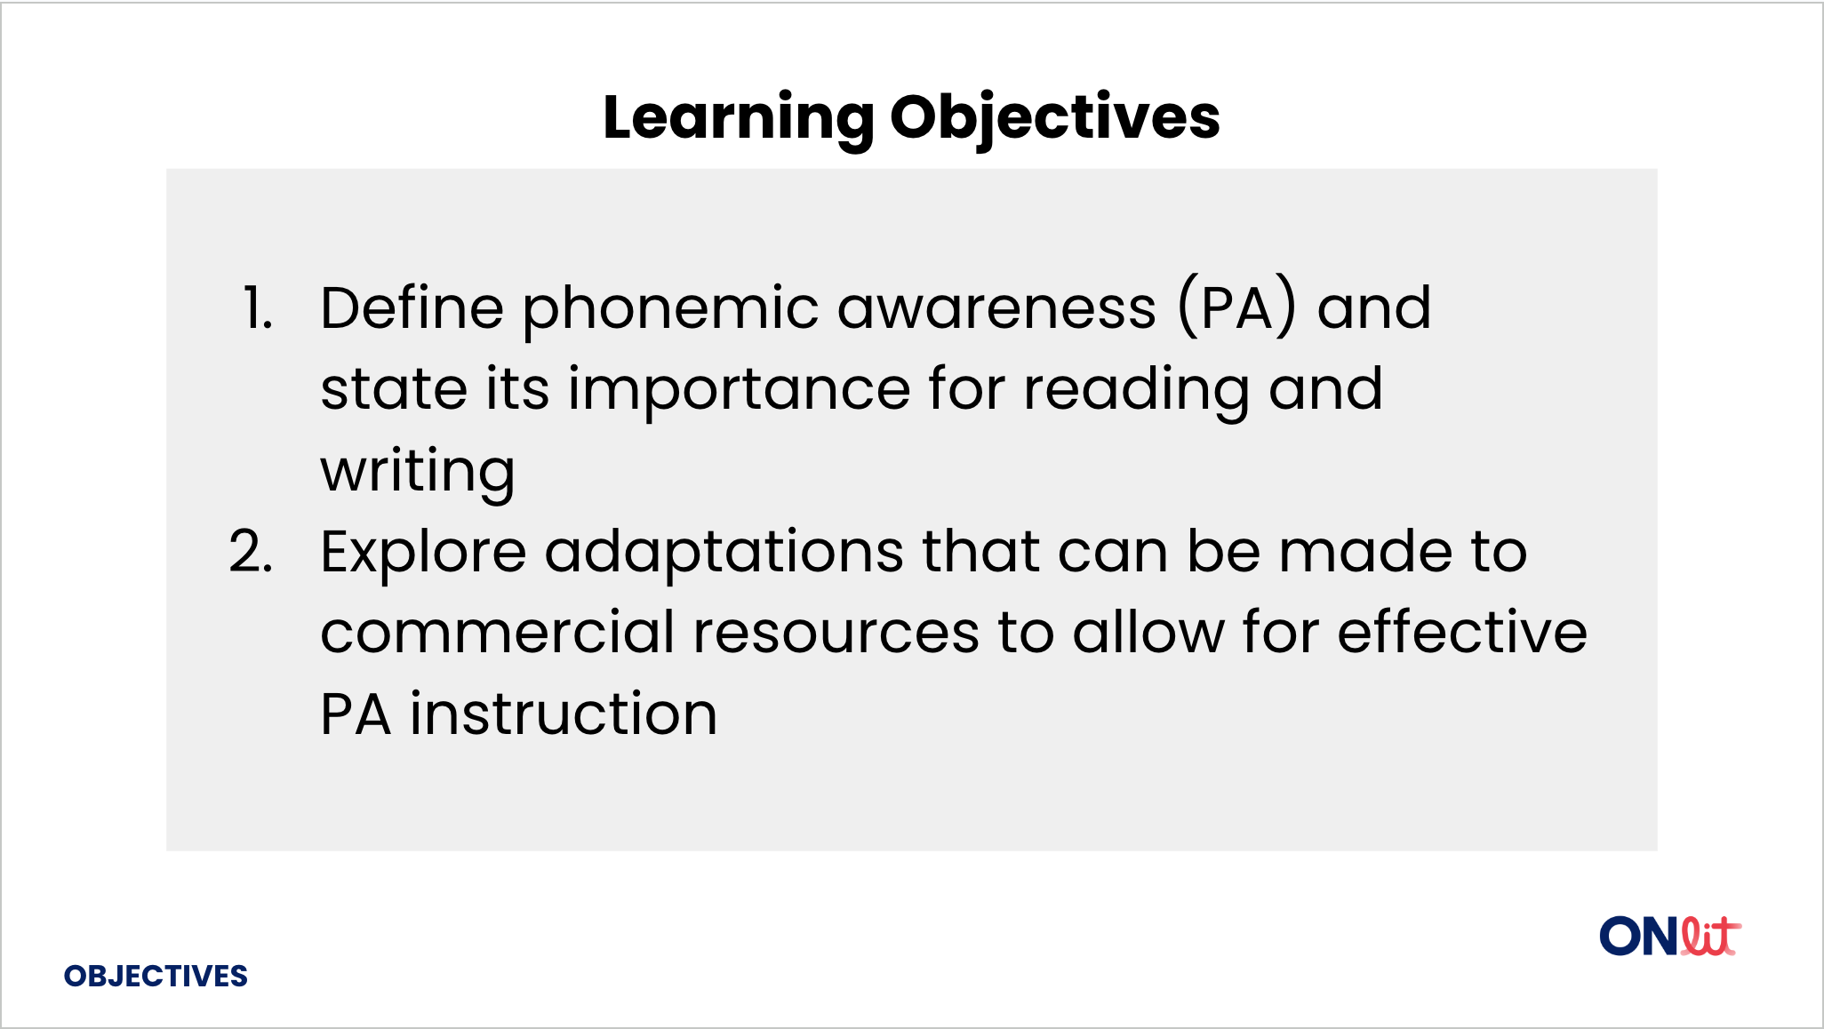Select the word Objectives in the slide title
coord(1055,119)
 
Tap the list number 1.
coord(258,309)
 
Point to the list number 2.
coord(251,552)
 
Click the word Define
coord(412,307)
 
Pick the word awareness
coord(997,309)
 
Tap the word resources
coord(836,634)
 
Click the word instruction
coord(564,714)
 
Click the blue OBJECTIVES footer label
coord(156,977)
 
